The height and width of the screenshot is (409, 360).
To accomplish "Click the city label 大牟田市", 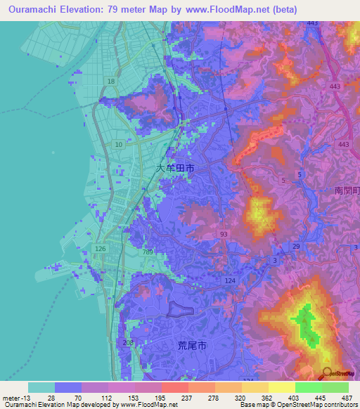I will click(x=175, y=169).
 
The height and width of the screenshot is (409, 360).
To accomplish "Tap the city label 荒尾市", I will click(x=191, y=346).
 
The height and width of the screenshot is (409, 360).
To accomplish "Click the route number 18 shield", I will click(x=110, y=82).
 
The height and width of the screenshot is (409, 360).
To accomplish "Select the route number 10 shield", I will click(x=118, y=144).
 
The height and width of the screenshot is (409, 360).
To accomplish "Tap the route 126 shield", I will click(x=100, y=249).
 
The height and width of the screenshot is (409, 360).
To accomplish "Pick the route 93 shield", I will click(x=223, y=234).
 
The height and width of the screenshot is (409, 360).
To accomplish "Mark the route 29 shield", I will click(x=296, y=246).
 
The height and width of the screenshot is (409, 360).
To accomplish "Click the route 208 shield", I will click(x=128, y=343).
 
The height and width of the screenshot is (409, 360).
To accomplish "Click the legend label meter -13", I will click(x=15, y=398).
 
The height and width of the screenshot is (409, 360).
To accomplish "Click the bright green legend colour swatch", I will click(x=309, y=387).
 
